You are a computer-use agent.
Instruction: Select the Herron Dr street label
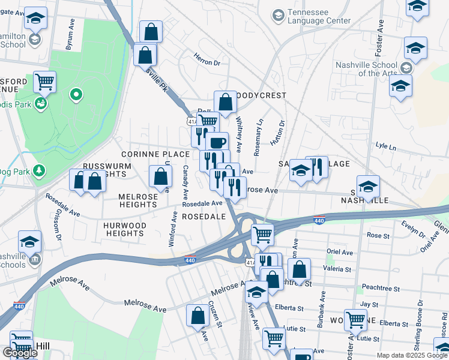point(207,59)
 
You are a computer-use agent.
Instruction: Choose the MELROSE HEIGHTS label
point(137,200)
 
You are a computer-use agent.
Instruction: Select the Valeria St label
point(338,269)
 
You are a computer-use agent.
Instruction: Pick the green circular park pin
point(76,94)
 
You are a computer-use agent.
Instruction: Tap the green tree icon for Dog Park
point(40,171)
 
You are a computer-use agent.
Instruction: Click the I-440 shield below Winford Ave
point(190,259)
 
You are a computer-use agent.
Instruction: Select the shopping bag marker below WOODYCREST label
point(225,103)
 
